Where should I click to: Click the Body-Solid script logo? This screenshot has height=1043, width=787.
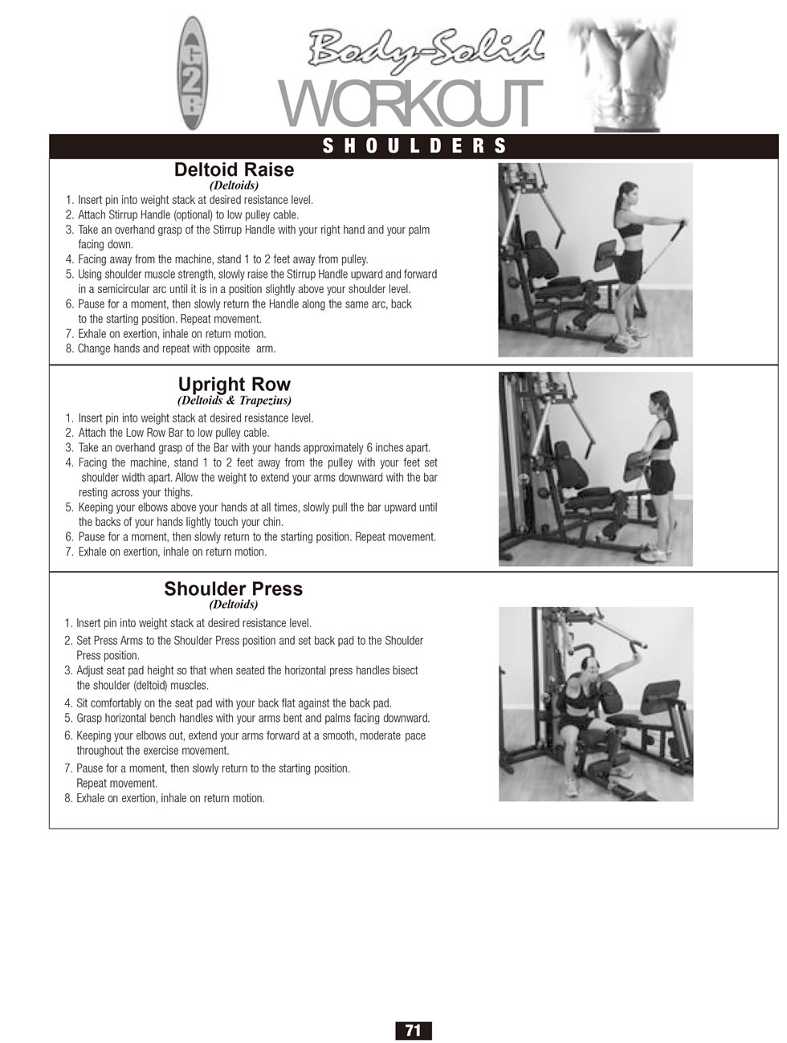pyautogui.click(x=426, y=51)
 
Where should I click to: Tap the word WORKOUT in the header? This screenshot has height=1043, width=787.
pyautogui.click(x=410, y=104)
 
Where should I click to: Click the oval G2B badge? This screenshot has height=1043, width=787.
pyautogui.click(x=194, y=73)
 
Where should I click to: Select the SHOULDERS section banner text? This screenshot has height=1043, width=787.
pyautogui.click(x=414, y=146)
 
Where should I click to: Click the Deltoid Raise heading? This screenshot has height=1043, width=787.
pyautogui.click(x=234, y=169)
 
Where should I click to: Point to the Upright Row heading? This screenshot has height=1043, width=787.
pyautogui.click(x=234, y=384)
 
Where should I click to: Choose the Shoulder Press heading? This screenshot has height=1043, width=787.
pyautogui.click(x=234, y=589)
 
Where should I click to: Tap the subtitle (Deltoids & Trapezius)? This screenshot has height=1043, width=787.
pyautogui.click(x=234, y=400)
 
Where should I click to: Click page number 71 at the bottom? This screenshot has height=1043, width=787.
pyautogui.click(x=413, y=1028)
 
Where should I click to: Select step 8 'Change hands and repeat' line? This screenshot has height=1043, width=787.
pyautogui.click(x=170, y=348)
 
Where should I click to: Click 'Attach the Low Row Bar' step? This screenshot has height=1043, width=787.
pyautogui.click(x=167, y=433)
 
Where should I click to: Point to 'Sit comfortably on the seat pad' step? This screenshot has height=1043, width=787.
pyautogui.click(x=227, y=703)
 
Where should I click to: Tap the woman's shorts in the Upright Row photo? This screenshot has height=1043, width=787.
pyautogui.click(x=663, y=475)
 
